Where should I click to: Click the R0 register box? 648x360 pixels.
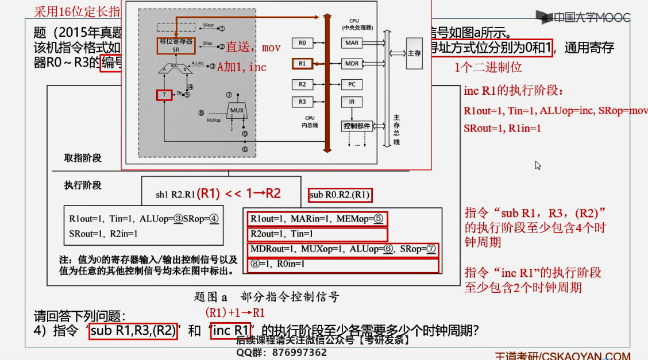point(302,43)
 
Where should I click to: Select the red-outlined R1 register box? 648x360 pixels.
point(302,63)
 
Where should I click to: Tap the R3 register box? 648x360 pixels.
point(302,102)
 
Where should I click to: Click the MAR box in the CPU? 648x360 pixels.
point(351,43)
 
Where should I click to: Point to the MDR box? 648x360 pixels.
point(351,63)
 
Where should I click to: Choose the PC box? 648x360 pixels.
point(351,84)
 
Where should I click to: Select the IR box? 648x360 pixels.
point(351,102)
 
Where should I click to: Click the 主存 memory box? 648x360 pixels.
point(414,53)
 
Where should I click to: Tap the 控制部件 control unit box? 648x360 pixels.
point(357,126)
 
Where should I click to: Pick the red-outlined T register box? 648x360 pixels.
point(164,95)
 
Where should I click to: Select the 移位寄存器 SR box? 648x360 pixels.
point(176,45)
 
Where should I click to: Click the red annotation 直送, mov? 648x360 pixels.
point(253,48)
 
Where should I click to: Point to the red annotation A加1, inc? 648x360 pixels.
point(241,67)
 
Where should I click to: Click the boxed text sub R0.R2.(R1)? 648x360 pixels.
point(340,195)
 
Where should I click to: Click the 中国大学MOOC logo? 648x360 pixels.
point(583,17)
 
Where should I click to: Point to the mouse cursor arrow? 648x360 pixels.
point(538,165)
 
